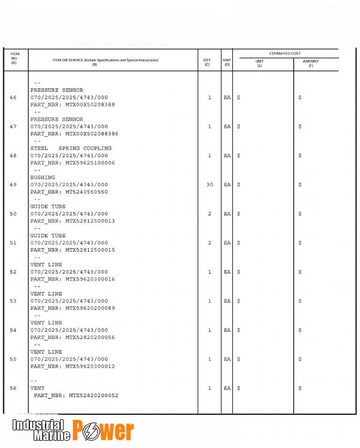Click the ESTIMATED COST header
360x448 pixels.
click(285, 53)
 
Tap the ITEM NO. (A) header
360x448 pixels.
click(14, 58)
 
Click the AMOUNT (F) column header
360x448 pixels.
click(311, 63)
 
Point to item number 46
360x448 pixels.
click(13, 97)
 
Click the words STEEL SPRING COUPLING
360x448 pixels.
click(71, 148)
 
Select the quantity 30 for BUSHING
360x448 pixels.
click(209, 184)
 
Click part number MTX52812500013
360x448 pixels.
click(90, 221)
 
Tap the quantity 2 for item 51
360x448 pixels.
click(209, 243)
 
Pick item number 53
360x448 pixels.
click(13, 301)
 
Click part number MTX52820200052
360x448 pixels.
click(94, 396)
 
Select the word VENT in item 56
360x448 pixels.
click(37, 389)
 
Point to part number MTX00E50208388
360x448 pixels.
click(90, 104)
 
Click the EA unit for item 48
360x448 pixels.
click(227, 156)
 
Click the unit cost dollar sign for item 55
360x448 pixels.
click(239, 359)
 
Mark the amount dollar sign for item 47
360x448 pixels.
click(300, 127)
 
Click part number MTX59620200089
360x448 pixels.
click(90, 308)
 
